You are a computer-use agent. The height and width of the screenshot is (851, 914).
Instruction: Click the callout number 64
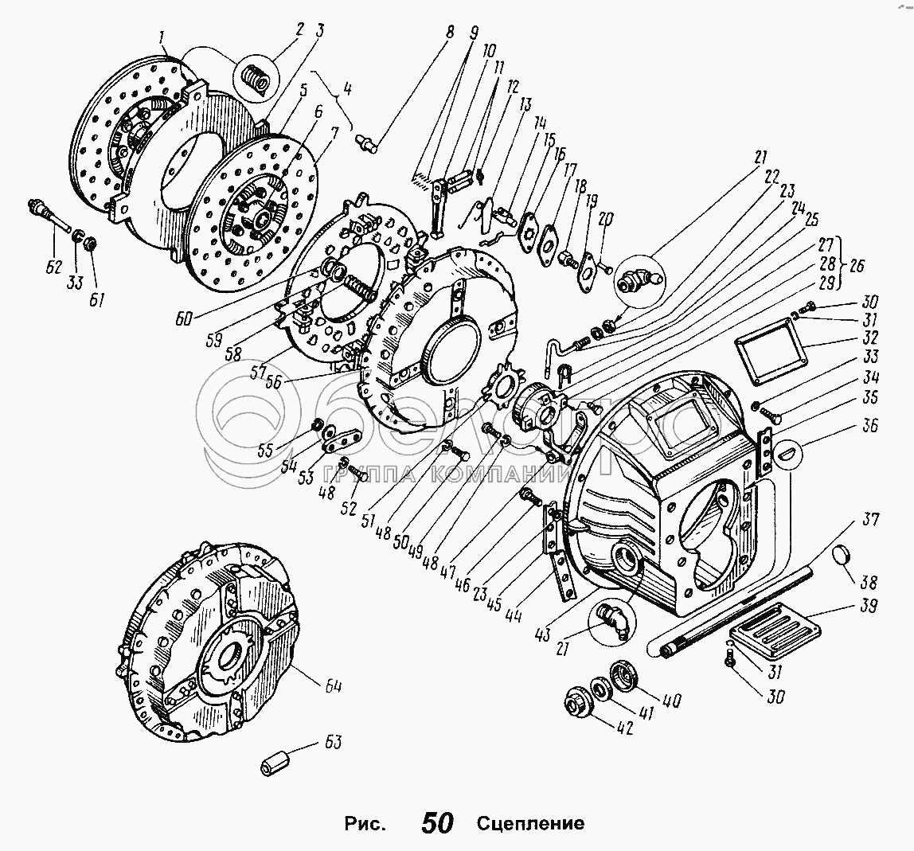coord(333,687)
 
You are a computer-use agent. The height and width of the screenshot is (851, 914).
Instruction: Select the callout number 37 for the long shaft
coord(869,518)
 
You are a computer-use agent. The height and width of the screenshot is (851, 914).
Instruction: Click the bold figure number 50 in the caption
coord(437,822)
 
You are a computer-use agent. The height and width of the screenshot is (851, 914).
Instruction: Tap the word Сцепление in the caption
coord(530,823)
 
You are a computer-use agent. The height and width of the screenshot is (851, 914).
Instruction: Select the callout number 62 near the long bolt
coord(53,267)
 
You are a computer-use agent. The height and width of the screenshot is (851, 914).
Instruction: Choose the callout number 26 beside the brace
coord(856,265)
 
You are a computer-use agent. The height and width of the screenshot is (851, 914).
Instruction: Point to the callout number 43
coord(542,634)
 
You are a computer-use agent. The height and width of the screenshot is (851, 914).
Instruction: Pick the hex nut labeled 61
coord(90,242)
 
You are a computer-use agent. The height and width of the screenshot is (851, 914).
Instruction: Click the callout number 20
coord(605,221)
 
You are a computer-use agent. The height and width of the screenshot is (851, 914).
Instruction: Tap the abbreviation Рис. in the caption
coord(365,824)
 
